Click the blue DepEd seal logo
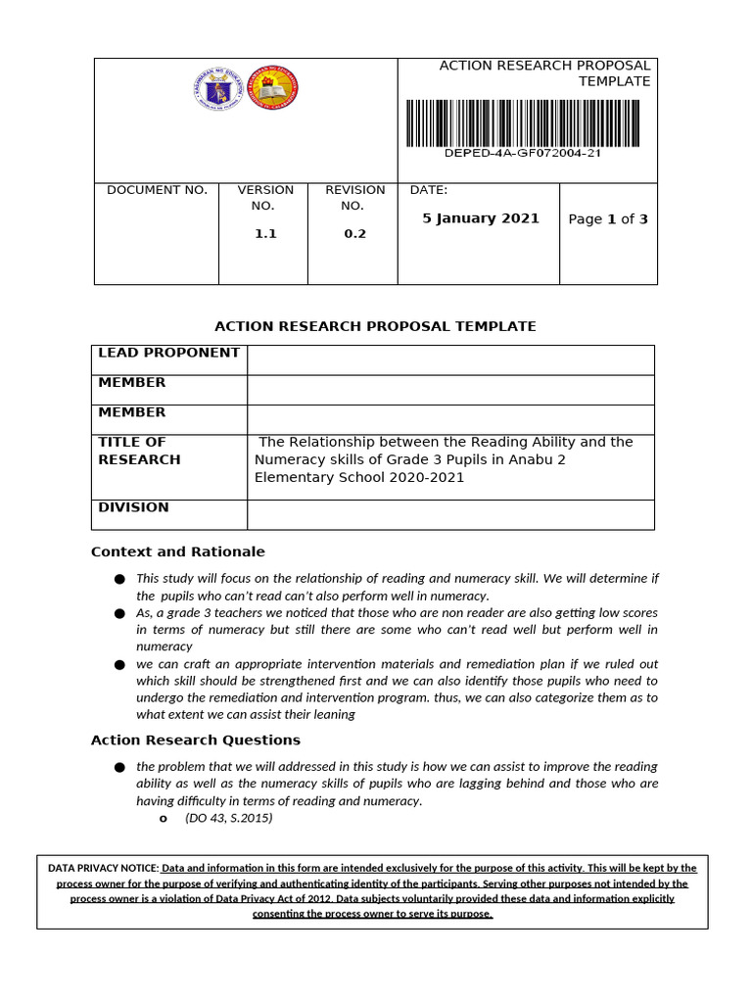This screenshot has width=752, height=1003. (216, 89)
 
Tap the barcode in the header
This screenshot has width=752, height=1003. (527, 121)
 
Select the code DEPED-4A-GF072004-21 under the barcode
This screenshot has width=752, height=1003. (523, 154)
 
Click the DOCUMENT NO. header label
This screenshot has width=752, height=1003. (157, 190)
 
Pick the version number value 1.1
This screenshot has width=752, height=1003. (265, 234)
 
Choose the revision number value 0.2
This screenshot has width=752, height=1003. (354, 234)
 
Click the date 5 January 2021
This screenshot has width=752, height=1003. (481, 218)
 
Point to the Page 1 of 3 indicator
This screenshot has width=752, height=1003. (608, 219)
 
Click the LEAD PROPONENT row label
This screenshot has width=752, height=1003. (169, 353)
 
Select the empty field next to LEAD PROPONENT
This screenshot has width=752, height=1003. (450, 359)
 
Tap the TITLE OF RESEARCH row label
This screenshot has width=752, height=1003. (139, 451)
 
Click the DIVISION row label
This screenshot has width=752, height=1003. (133, 507)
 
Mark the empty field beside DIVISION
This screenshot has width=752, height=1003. (450, 514)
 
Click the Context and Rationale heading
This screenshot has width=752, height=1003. (177, 551)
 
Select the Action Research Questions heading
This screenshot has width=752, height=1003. (196, 740)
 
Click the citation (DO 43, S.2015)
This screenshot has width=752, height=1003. (228, 818)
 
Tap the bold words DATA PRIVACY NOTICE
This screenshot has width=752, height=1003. (103, 868)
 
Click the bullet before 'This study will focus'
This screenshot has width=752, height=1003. (119, 580)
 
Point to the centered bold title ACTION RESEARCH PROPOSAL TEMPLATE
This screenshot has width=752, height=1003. (375, 326)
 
